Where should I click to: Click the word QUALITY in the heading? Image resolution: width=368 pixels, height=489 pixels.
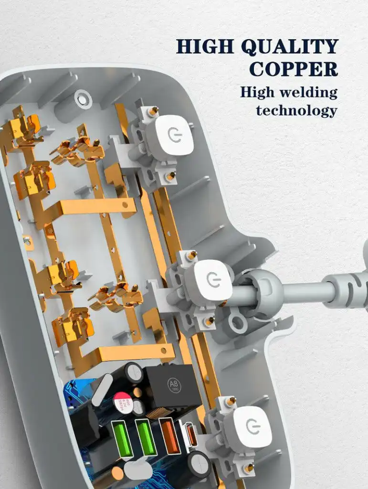coord(290,47)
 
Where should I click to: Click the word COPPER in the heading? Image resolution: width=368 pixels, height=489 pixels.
coord(294,69)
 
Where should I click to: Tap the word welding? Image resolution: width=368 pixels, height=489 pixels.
coord(308,93)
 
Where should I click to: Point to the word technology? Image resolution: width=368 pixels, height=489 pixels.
coord(297,111)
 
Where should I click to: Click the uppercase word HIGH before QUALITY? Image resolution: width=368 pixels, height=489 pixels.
coord(205,46)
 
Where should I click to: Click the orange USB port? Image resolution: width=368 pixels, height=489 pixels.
coord(170,436)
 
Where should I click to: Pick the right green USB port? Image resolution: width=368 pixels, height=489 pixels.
coord(146,438)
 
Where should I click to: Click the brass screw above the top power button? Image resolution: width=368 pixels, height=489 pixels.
coord(153,110)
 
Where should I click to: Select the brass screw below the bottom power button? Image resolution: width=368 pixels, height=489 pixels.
coord(249,468)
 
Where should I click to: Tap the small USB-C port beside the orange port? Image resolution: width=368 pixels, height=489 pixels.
coord(191,435)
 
